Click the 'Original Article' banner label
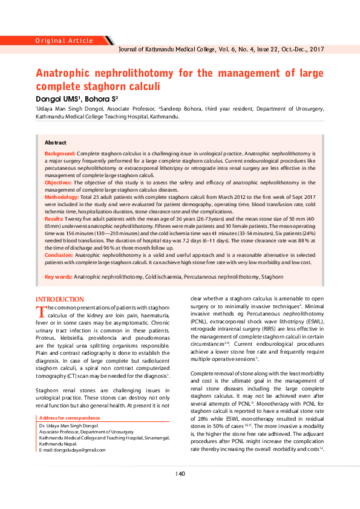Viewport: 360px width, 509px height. point(64,41)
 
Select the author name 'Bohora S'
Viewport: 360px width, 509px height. point(100,98)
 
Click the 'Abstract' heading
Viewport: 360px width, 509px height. point(56,142)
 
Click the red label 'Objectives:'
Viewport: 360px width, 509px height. point(59,182)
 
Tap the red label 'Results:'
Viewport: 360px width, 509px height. point(53,219)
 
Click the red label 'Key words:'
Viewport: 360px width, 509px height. point(59,277)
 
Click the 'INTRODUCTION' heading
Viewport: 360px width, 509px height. point(60,300)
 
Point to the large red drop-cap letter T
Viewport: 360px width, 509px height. point(41,311)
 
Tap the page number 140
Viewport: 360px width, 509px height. point(180,473)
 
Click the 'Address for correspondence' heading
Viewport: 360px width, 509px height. point(70,418)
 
